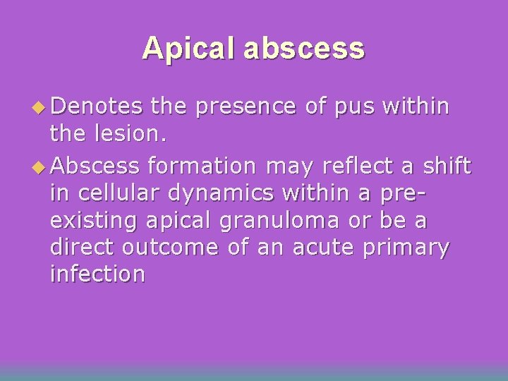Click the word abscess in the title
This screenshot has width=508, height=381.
(307, 48)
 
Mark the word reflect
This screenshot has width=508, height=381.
(355, 167)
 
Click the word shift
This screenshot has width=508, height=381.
(447, 167)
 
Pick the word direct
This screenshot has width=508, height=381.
(83, 247)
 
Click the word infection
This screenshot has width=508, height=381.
(97, 274)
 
